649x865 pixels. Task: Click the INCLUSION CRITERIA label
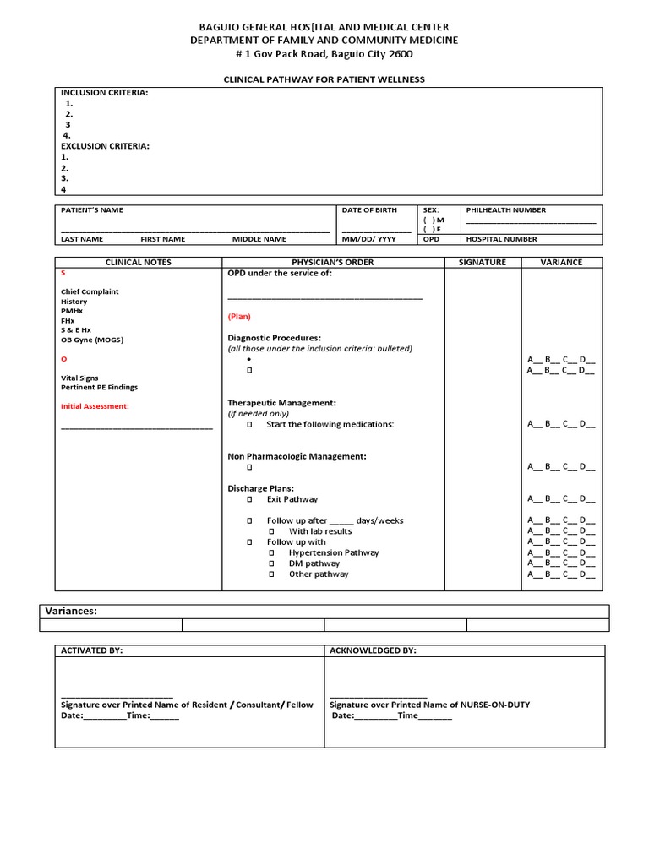coord(104,93)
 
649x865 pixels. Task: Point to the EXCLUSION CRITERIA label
coord(105,146)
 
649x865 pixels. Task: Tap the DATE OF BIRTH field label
coord(369,210)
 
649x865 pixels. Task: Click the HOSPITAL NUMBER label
coord(501,239)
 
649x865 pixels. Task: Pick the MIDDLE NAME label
coord(259,239)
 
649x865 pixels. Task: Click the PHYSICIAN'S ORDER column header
coord(332,263)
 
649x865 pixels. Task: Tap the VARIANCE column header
coord(561,263)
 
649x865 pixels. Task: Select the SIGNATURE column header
coord(483,263)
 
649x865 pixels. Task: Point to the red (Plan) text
coord(239,317)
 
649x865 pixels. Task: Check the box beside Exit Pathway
coord(249,500)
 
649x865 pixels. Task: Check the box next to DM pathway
coord(271,563)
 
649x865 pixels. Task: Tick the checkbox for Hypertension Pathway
coord(271,553)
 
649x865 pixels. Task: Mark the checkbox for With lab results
coord(271,531)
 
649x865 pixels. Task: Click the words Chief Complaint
coord(90,291)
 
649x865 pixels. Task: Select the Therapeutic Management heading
coord(281,403)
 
